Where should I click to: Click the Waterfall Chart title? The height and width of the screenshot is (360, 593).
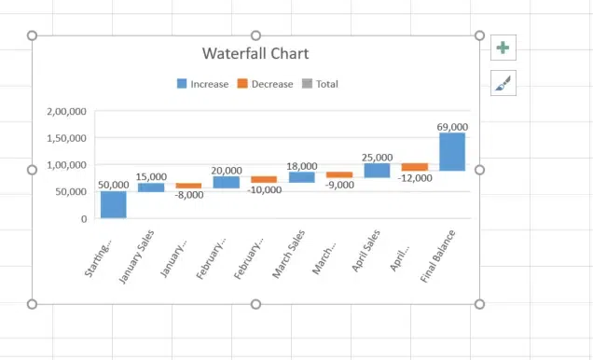[255, 54]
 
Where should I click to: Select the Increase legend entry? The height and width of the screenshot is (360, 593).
[202, 84]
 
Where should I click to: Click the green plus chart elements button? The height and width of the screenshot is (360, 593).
[503, 48]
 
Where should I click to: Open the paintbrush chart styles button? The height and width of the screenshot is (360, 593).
[503, 83]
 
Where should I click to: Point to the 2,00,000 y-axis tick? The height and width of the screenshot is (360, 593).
[66, 111]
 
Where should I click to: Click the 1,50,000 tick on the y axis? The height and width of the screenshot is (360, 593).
[66, 138]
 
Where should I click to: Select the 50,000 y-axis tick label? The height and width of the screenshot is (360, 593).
[70, 192]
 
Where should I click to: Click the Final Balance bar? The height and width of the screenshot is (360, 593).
[452, 151]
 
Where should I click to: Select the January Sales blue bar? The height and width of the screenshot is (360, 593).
[151, 187]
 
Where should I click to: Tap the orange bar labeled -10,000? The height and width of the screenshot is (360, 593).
[264, 179]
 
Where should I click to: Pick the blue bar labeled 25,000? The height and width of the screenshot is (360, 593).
[377, 170]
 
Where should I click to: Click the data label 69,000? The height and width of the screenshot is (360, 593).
[452, 126]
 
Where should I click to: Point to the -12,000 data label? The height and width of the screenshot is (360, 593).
[414, 177]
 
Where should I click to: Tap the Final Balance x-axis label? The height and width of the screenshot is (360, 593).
[439, 254]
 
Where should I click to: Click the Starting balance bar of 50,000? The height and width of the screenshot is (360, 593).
[114, 204]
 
